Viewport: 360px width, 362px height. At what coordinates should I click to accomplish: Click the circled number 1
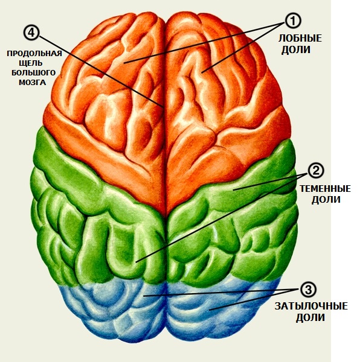[293, 21]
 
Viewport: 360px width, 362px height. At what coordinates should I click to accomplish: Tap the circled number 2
[316, 170]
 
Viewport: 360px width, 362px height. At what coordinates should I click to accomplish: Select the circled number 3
[309, 290]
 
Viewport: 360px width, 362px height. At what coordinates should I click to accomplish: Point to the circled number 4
[31, 33]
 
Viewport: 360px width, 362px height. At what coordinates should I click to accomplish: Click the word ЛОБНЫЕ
[300, 39]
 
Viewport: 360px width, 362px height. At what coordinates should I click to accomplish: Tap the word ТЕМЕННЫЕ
[325, 189]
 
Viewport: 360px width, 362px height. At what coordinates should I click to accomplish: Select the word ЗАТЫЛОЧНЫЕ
[311, 306]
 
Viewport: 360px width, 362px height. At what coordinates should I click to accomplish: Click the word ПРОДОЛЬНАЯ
[34, 54]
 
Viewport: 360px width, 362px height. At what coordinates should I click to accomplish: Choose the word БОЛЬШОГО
[34, 73]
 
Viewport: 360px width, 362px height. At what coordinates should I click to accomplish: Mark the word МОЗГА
[33, 83]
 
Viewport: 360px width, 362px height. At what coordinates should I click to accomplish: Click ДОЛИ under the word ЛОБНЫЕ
[296, 50]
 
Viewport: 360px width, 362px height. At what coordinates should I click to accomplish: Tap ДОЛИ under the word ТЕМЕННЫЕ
[326, 200]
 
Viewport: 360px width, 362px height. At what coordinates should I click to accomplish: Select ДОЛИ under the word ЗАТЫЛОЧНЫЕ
[310, 317]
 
